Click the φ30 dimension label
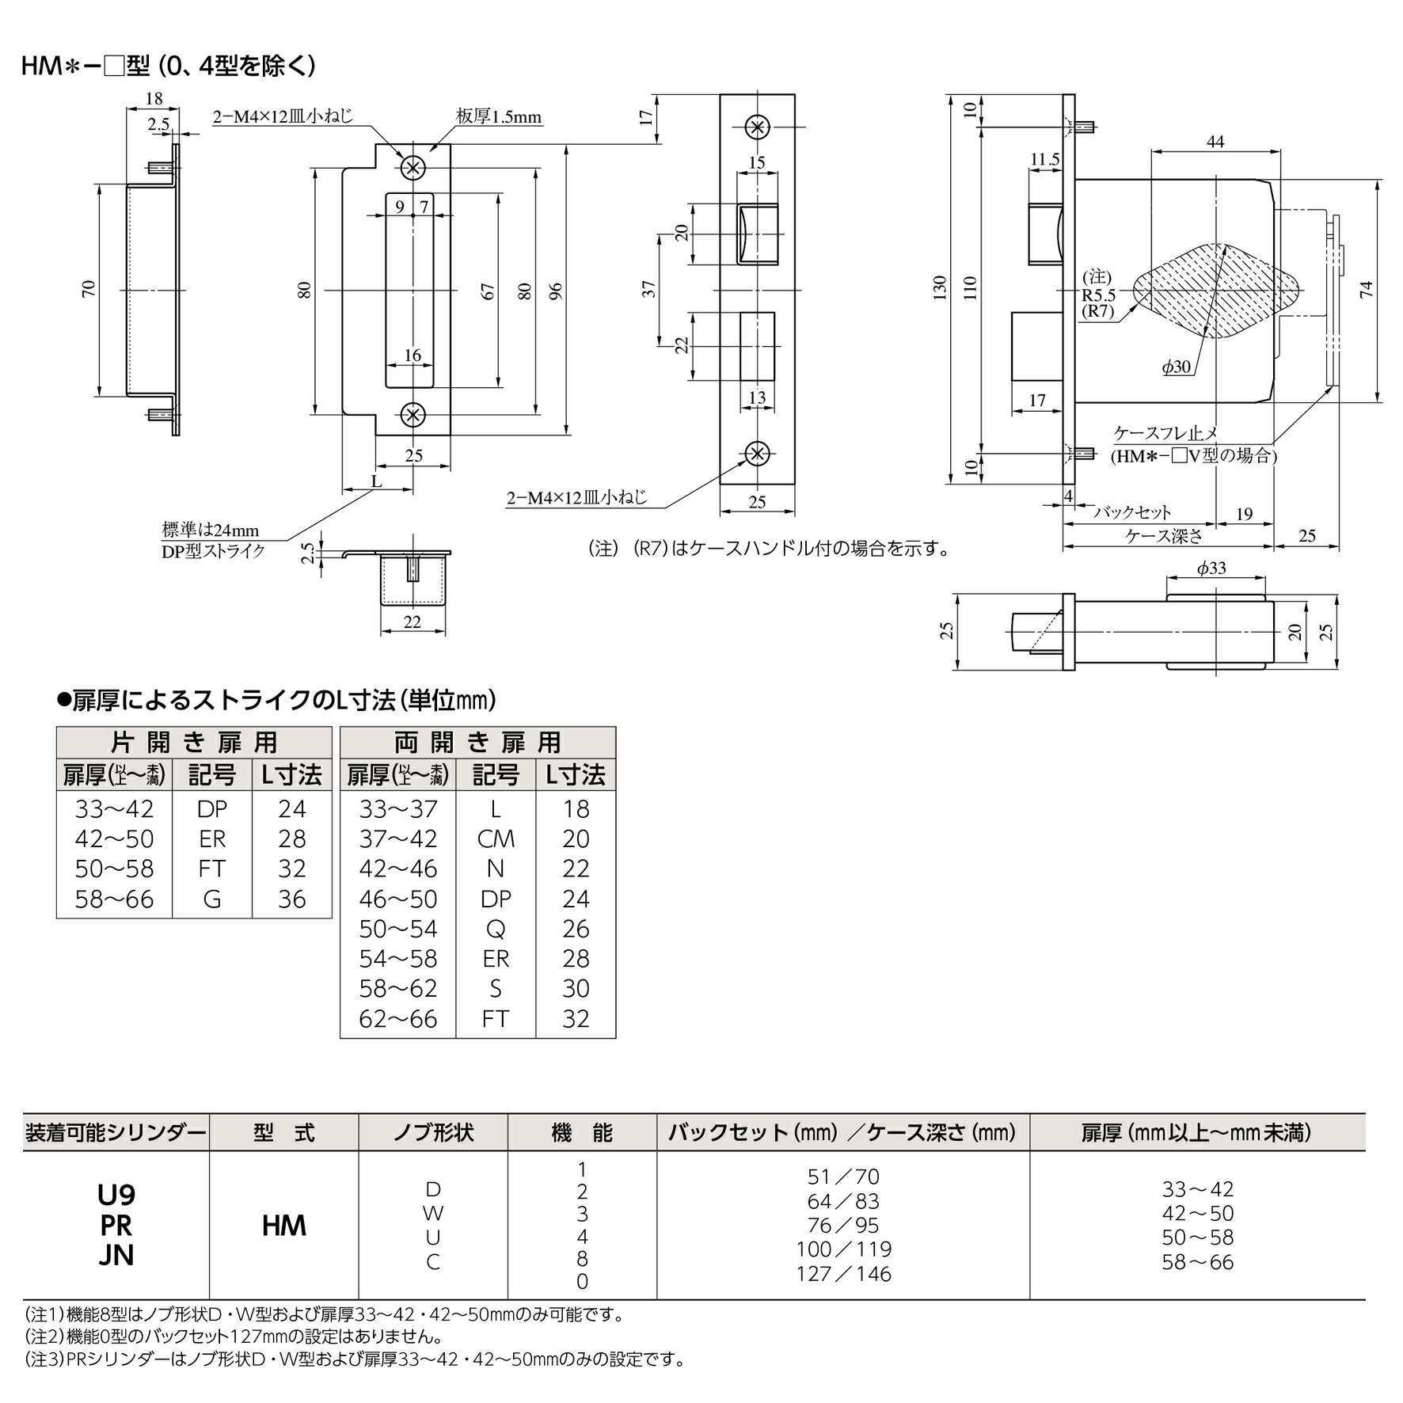point(1176,367)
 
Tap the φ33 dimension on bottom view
point(1211,568)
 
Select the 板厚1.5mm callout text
point(498,117)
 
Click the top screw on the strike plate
point(413,167)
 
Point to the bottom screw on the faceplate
point(758,454)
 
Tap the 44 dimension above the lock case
point(1215,142)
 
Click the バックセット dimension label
point(1132,512)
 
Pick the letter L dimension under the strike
point(377,481)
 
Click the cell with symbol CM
point(496,839)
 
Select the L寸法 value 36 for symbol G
point(291,899)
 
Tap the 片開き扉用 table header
point(194,743)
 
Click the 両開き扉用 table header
point(477,743)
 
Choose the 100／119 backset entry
point(843,1249)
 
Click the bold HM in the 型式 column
point(283,1226)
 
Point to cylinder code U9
point(116,1195)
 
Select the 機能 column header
point(582,1133)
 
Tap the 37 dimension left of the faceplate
point(649,288)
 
